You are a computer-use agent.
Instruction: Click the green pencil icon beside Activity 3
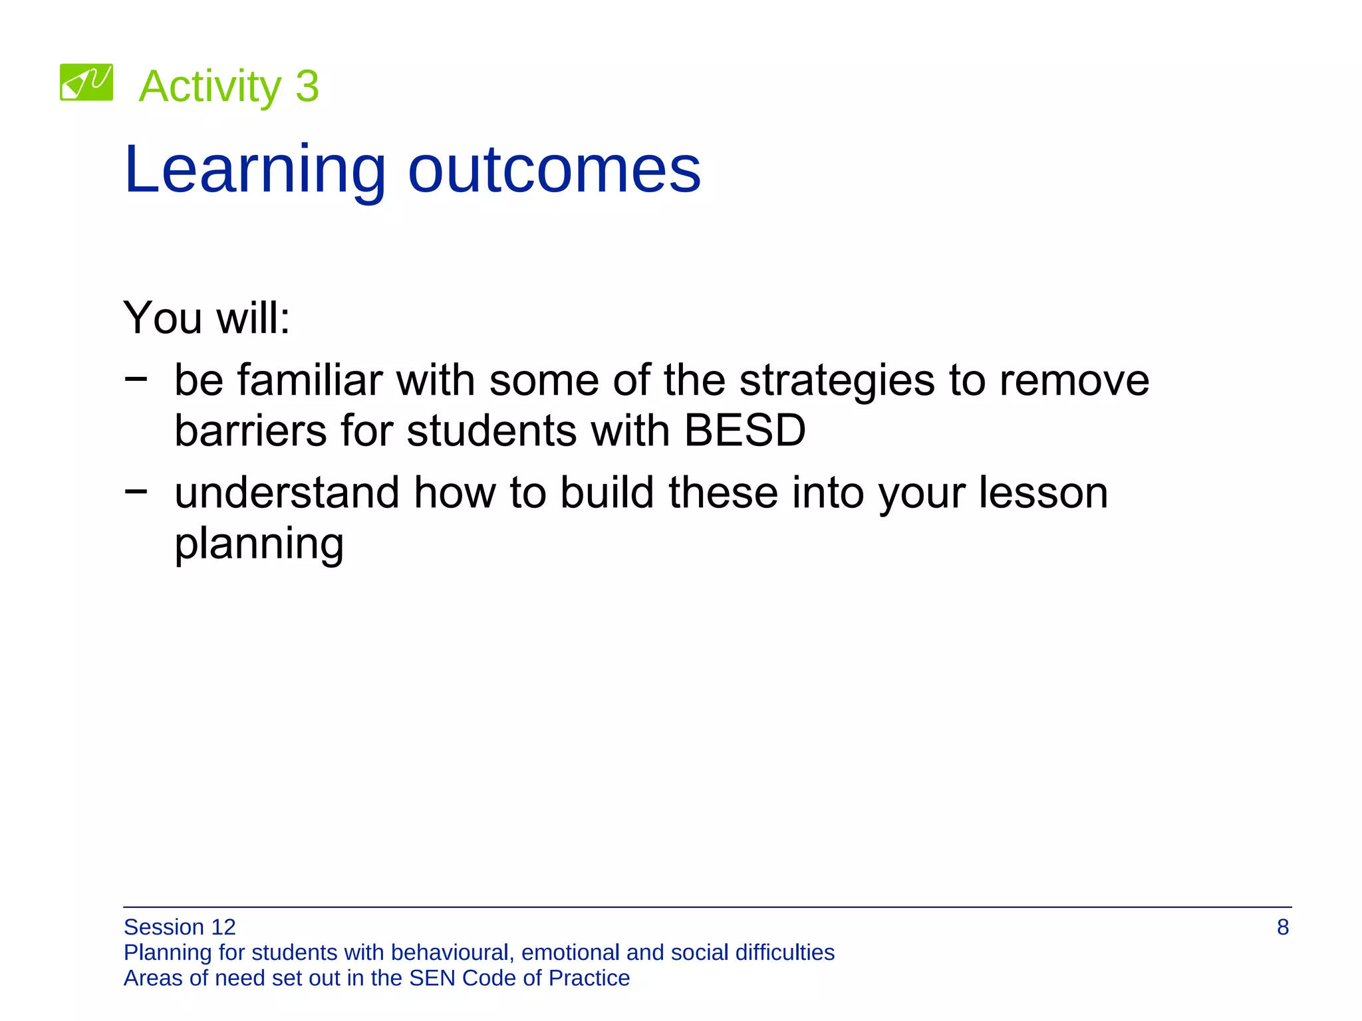tap(86, 82)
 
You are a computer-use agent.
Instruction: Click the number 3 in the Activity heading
tap(307, 86)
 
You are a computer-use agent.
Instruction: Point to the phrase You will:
tap(207, 318)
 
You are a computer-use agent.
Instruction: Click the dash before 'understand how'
tap(136, 491)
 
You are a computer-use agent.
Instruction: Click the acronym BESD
tap(744, 431)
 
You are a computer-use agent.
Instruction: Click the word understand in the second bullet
tap(287, 493)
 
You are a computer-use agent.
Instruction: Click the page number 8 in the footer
tap(1282, 927)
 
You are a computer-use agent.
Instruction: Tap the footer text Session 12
tap(180, 927)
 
